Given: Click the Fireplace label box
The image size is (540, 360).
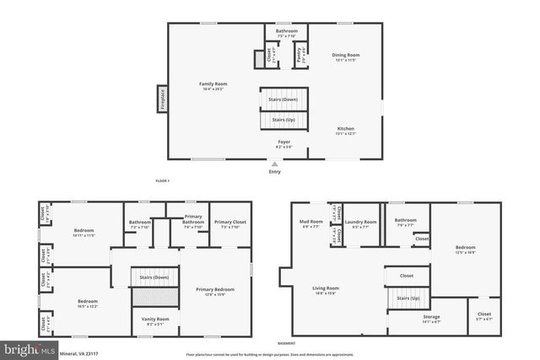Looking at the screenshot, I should point(161,98).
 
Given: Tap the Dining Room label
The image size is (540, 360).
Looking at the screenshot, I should point(344,56).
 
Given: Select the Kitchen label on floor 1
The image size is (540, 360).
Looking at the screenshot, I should point(345,131).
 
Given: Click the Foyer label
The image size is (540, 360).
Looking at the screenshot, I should point(284,143).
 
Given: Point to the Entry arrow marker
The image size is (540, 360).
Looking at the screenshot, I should point(274,164).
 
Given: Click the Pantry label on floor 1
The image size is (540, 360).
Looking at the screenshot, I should point(299,56).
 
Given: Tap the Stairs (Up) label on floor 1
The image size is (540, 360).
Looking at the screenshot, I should point(283,121).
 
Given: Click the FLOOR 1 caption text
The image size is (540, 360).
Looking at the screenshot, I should point(163,181).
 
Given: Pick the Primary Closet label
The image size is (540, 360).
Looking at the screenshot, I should point(229,225).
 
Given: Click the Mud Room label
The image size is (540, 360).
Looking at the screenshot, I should point(310,224).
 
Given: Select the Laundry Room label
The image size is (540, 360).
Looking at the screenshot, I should point(364,224).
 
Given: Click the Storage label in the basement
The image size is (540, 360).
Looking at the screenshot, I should point(408,318).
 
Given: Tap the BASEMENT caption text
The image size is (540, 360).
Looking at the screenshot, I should point(288,343).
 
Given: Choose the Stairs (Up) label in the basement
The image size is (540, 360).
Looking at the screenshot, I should point(408,298).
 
